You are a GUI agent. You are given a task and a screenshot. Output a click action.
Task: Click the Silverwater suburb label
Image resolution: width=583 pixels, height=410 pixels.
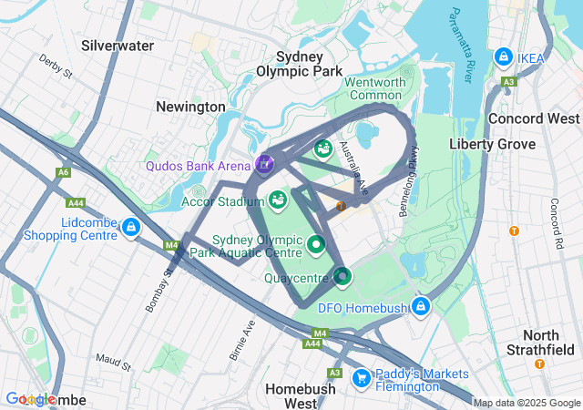[x=117, y=45]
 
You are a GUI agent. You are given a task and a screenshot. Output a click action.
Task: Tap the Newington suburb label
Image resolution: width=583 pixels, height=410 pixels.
[x=189, y=107]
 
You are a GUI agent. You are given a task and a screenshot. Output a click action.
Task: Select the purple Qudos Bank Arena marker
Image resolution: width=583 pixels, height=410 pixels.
[x=264, y=164]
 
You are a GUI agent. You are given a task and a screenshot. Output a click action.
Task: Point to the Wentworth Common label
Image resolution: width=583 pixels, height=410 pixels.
[x=374, y=88]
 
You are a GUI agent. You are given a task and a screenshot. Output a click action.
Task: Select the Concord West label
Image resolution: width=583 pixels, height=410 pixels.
[x=534, y=118]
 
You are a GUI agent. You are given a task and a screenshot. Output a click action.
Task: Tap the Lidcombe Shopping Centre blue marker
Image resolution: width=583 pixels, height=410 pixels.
[x=131, y=227]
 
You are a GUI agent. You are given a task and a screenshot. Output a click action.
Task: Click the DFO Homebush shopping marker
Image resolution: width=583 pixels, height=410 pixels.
[x=420, y=306]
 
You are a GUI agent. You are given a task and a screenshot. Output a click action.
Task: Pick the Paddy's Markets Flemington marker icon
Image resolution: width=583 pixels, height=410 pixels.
[x=361, y=376]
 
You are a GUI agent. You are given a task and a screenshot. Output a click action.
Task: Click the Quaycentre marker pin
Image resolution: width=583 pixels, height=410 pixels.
[x=343, y=274]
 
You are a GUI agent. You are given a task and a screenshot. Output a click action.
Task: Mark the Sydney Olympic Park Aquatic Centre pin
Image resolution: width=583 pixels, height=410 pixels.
[x=316, y=244]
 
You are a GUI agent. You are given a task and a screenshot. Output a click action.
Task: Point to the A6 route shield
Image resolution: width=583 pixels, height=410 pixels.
[x=63, y=171]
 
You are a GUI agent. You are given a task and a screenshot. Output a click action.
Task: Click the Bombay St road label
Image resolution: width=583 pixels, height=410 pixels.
[x=157, y=291]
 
